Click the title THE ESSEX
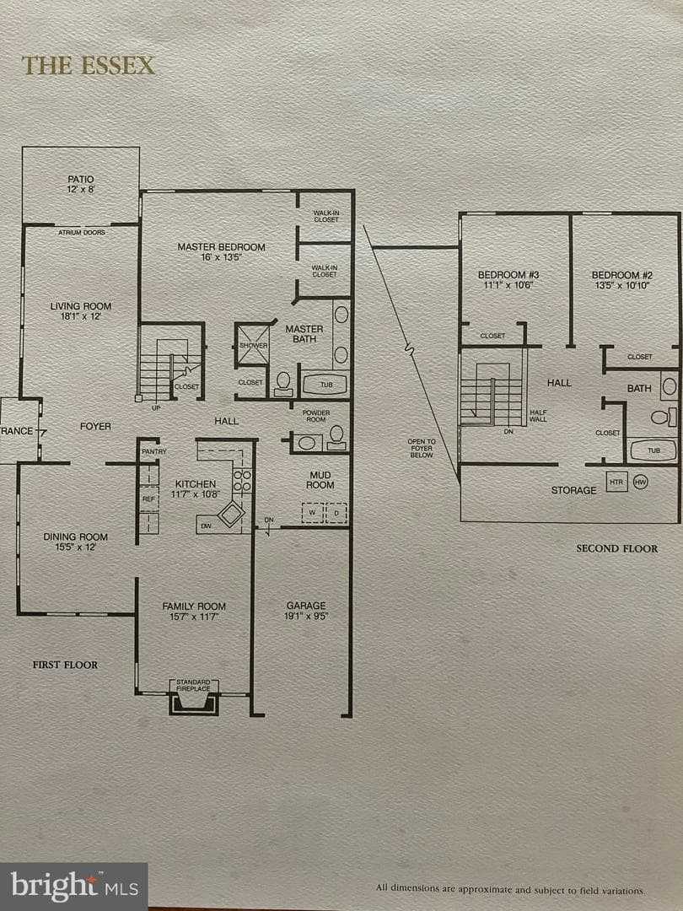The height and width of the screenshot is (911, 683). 89,65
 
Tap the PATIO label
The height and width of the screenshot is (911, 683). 81,180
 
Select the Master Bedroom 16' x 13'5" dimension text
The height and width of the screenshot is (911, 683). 221,257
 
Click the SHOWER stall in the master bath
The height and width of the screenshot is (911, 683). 253,345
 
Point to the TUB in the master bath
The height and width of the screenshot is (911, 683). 325,385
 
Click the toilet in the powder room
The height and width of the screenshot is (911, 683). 336,438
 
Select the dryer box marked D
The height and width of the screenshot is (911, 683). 336,513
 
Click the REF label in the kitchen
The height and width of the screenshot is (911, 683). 148,499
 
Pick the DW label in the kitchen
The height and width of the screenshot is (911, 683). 207,526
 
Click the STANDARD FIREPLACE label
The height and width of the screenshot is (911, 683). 193,685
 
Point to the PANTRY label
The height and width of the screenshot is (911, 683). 154,451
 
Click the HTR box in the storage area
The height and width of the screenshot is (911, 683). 616,482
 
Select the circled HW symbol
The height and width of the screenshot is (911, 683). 640,482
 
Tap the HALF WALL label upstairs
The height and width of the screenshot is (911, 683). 538,415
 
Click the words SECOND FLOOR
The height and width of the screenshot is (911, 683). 616,548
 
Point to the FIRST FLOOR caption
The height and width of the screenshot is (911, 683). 65,665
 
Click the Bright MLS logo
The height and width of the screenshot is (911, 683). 73,887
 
